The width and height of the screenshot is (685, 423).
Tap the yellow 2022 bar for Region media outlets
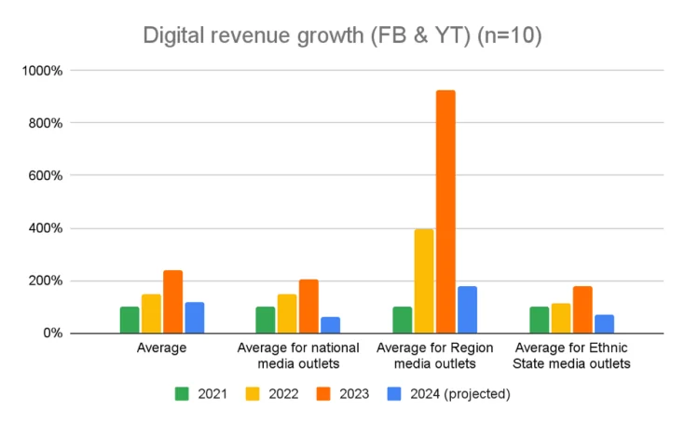pyautogui.click(x=424, y=280)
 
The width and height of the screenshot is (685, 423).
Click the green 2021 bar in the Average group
pyautogui.click(x=130, y=320)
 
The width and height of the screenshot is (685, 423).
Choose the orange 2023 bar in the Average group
pyautogui.click(x=172, y=301)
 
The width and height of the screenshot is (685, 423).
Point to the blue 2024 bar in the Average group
pyautogui.click(x=194, y=317)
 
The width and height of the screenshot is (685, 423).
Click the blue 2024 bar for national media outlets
pyautogui.click(x=330, y=324)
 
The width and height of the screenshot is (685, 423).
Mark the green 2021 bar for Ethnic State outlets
pyautogui.click(x=540, y=320)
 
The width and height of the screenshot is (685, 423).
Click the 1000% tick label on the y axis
pyautogui.click(x=43, y=71)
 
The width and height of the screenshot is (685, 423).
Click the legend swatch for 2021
pyautogui.click(x=183, y=394)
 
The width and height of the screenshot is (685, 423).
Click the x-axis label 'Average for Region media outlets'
pyautogui.click(x=434, y=355)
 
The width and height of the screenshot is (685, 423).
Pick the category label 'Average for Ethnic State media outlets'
pyautogui.click(x=572, y=355)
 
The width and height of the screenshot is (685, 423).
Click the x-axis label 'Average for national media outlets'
pyautogui.click(x=298, y=355)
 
